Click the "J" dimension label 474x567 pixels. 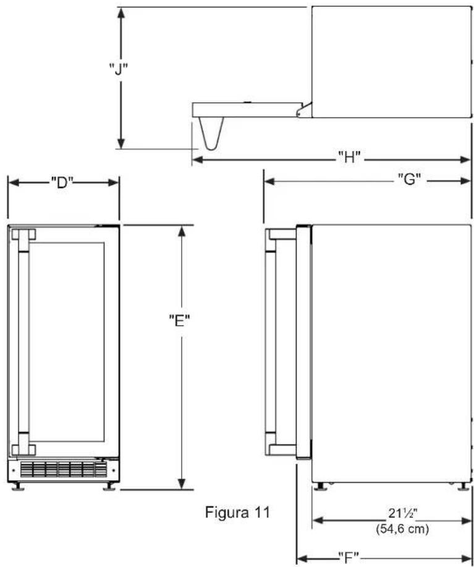118,69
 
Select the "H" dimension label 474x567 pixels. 349,157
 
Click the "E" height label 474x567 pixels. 180,320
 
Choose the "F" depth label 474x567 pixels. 349,557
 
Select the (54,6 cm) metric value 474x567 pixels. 402,529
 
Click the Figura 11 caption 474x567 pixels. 237,512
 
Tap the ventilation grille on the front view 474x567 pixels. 64,469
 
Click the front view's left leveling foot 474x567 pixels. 18,487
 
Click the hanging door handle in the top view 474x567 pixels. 211,134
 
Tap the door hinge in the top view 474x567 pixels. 304,109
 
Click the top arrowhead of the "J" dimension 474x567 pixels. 121,13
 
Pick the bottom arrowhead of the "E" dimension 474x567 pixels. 182,484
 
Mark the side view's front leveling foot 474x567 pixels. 320,487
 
